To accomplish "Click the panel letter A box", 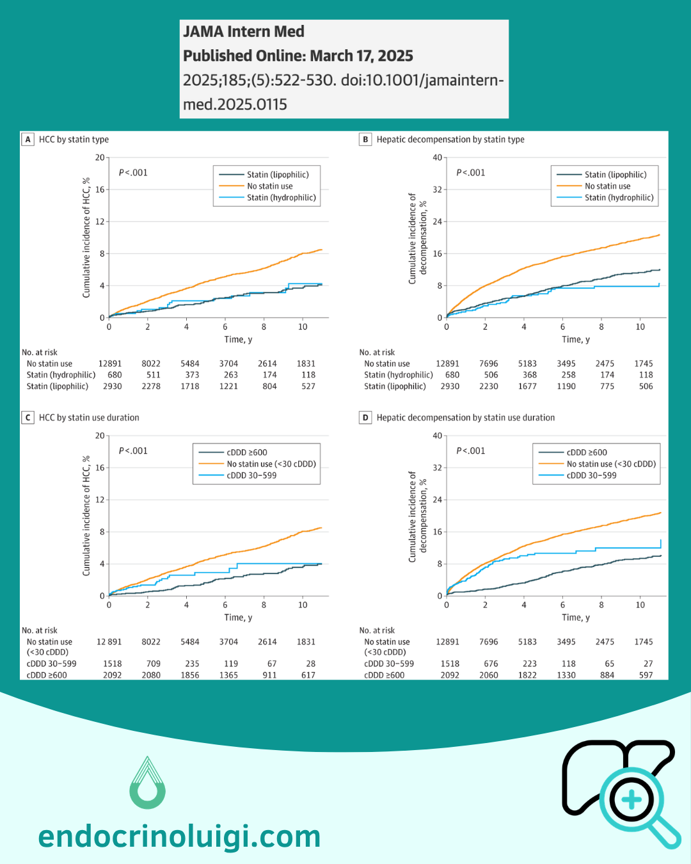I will coord(28,140).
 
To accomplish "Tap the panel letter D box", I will coord(365,418).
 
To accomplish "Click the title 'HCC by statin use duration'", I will coord(89,418).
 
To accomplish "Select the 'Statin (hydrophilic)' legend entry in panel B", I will coord(619,198).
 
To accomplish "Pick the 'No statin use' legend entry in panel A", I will coord(269,186).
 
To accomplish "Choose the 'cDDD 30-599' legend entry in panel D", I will coord(591,476).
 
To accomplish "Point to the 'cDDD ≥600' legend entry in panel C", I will coord(247,452).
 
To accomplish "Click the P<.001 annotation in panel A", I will coord(133,173).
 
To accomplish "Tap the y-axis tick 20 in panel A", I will coord(100,157).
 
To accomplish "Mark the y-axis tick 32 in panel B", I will coord(438,189).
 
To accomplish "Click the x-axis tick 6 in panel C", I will coord(225,605).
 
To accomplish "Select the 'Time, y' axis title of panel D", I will coord(576,618).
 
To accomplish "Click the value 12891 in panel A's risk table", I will coord(110,364).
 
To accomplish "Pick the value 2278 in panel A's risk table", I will coord(151,387).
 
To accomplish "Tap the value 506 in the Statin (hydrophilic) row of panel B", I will coord(491,375).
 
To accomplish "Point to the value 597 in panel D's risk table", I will coord(646,675).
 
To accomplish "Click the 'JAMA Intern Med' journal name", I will coord(244,31).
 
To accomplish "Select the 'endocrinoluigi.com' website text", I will coord(179,836).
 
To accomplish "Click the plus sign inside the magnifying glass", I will coord(631,800).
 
